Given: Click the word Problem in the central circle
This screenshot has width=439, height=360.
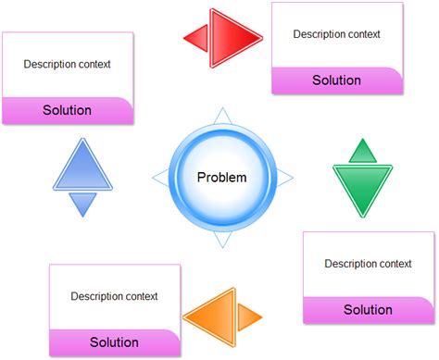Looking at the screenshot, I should (x=222, y=177).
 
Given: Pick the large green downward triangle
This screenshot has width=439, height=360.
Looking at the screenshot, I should (x=363, y=189).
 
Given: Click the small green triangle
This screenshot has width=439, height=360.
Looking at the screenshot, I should (x=363, y=151).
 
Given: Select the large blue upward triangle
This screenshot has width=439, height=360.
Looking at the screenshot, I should (x=82, y=167).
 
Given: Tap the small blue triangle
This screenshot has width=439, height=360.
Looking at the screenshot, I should (x=82, y=204).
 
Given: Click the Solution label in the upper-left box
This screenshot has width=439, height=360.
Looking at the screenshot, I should (x=67, y=110).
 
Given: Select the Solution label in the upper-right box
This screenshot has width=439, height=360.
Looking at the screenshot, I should (x=336, y=81).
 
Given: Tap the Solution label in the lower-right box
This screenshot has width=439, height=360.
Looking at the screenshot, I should (x=368, y=309).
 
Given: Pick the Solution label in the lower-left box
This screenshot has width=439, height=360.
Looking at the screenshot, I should (x=114, y=342).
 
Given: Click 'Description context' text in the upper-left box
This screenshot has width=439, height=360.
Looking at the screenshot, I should (x=67, y=65).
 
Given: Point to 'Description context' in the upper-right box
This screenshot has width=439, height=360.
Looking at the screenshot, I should (x=336, y=34).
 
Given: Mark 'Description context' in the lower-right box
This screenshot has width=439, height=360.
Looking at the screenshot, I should (x=368, y=264).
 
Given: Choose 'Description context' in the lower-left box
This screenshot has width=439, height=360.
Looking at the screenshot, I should (x=114, y=296).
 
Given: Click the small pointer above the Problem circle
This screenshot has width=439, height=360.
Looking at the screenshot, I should (x=221, y=116).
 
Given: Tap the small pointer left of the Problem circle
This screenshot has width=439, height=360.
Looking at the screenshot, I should (x=159, y=176).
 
